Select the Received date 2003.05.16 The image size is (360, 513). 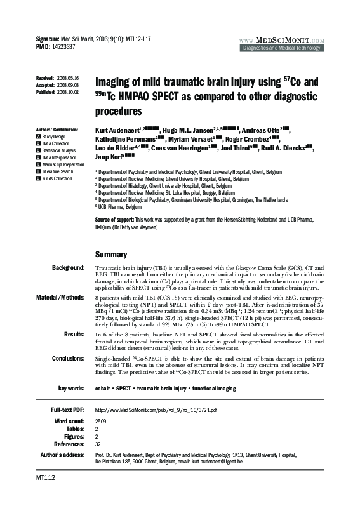(x=68, y=77)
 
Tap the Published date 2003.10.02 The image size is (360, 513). (x=68, y=92)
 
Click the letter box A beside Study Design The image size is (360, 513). (x=38, y=137)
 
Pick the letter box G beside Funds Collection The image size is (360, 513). (x=38, y=178)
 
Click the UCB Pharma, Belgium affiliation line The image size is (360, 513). (x=119, y=207)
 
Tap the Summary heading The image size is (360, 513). (x=111, y=254)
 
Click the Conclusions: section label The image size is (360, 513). (x=69, y=358)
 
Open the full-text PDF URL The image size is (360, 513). (x=156, y=410)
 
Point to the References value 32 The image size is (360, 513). (x=98, y=444)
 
